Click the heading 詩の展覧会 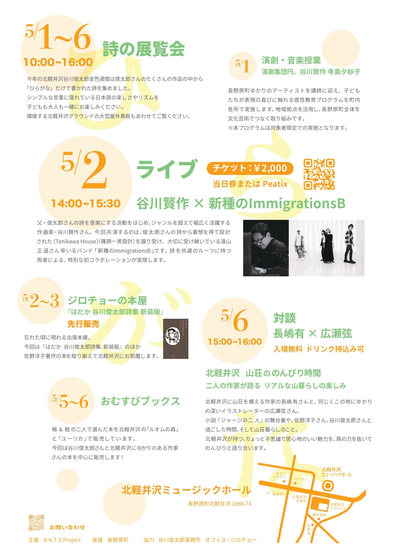tap(144, 49)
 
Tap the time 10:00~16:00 tap(58, 62)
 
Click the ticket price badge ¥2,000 tap(250, 168)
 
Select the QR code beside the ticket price tap(319, 174)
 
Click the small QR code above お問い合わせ tap(36, 523)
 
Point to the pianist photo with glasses tap(266, 248)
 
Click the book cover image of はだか tap(176, 339)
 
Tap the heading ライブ tap(167, 169)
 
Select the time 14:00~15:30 tap(86, 204)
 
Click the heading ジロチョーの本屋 tap(107, 300)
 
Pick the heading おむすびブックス tap(140, 401)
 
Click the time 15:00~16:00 tap(235, 342)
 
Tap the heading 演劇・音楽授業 tap(291, 60)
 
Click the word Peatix tap(275, 184)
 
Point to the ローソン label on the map tap(301, 479)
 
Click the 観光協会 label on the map tap(319, 515)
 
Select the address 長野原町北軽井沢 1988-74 tap(220, 504)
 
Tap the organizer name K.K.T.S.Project tap(62, 540)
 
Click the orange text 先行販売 tap(83, 324)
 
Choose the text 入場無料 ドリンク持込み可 tap(318, 349)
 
